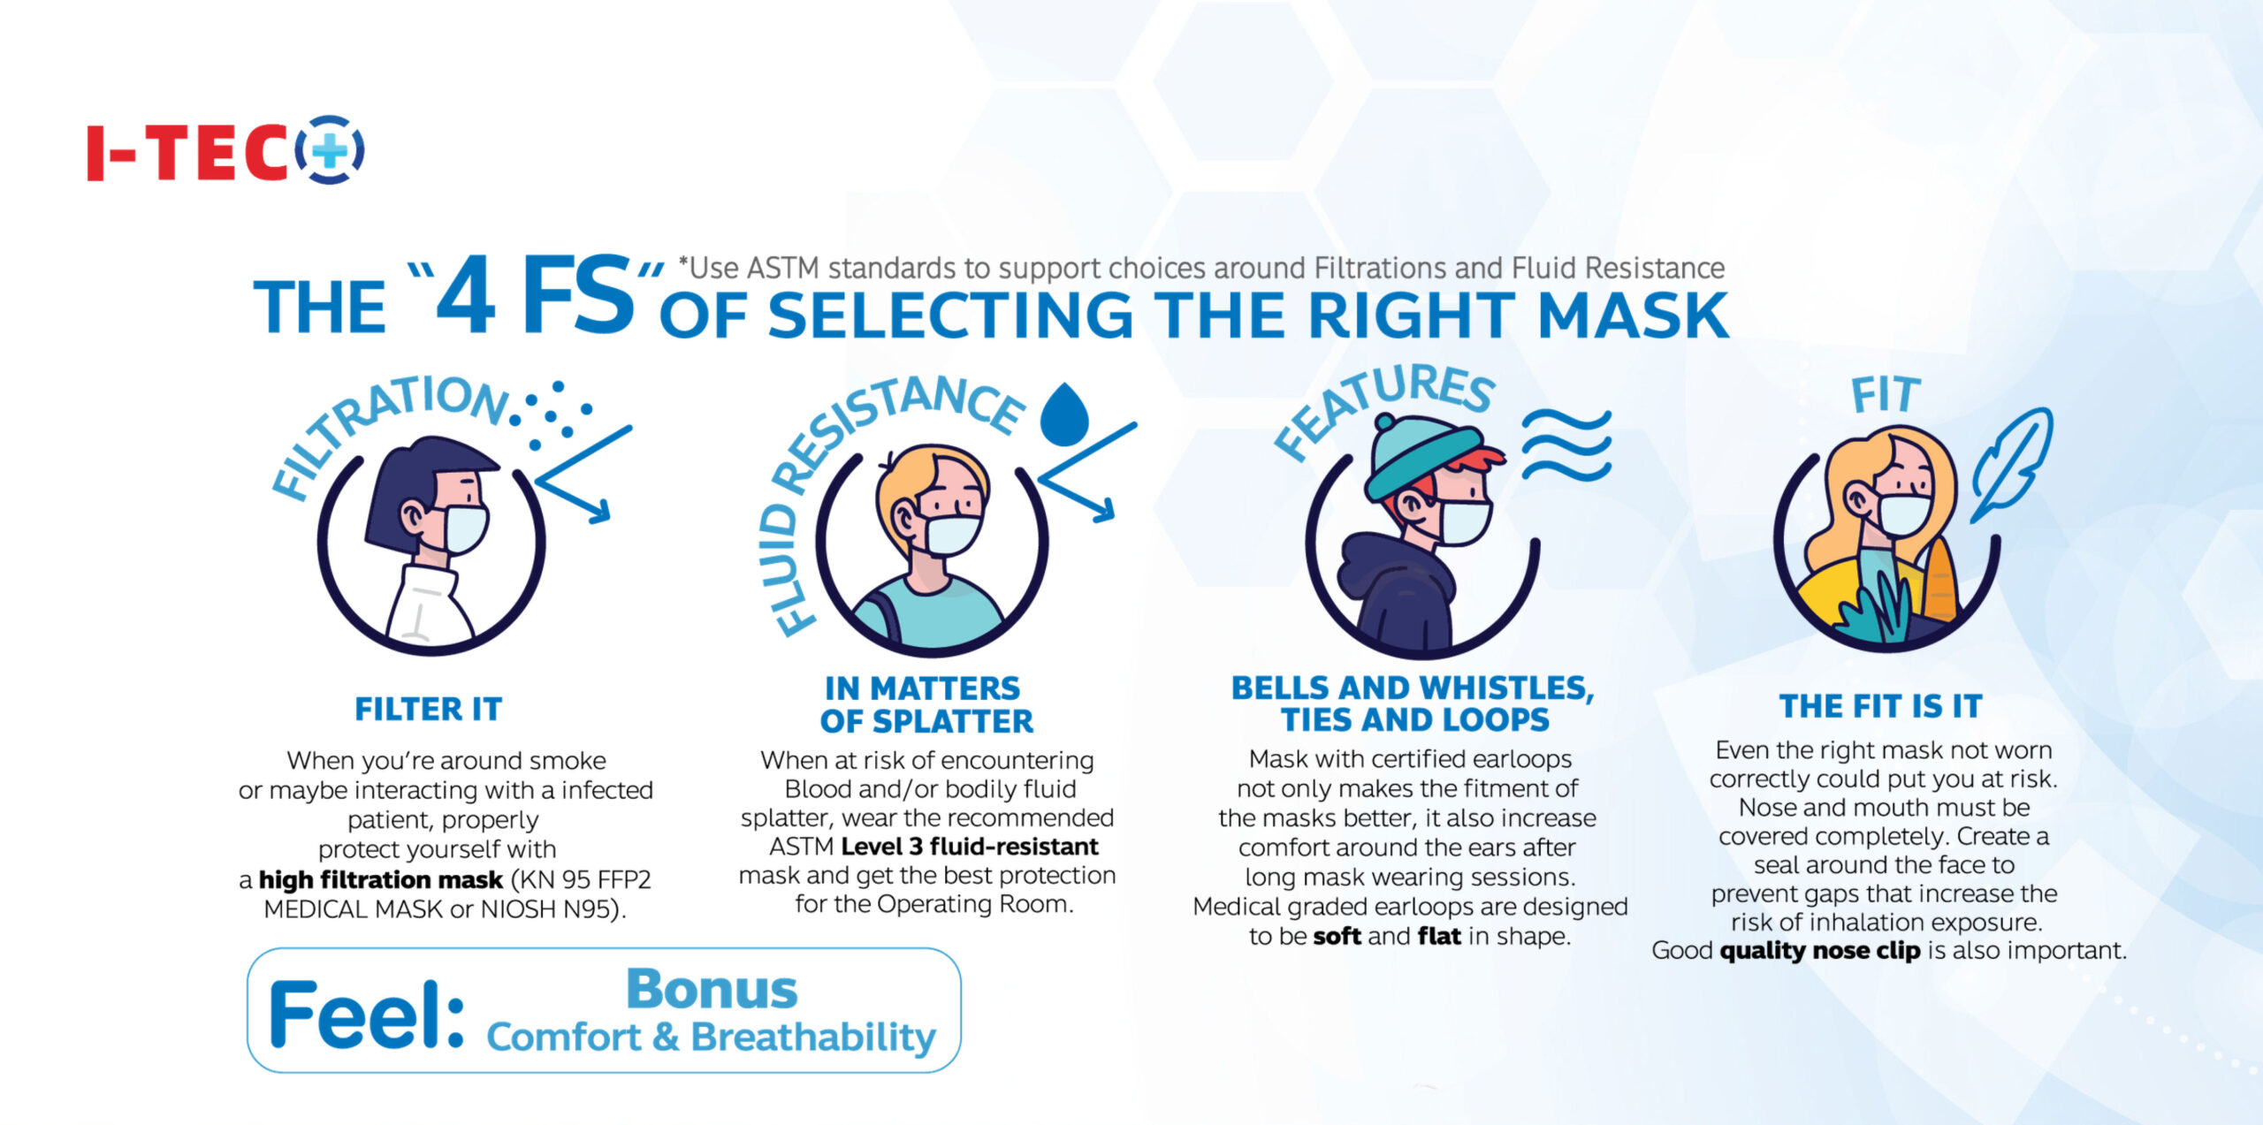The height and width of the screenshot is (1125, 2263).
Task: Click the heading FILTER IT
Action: [x=429, y=709]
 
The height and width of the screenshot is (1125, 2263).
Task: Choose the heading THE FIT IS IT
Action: [x=1881, y=706]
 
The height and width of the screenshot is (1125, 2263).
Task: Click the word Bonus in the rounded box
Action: [x=712, y=989]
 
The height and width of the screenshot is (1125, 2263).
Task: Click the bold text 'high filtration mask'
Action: [x=381, y=879]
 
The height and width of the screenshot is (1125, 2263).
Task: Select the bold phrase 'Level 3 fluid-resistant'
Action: [x=970, y=847]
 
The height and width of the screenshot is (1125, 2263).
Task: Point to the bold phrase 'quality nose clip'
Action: [x=1820, y=950]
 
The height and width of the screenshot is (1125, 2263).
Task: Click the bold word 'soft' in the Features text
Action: [x=1337, y=936]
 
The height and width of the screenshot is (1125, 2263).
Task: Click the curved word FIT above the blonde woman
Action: [x=1886, y=395]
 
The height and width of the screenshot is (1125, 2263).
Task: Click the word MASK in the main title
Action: [x=1633, y=315]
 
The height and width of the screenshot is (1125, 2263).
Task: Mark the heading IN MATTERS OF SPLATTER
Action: [x=926, y=704]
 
